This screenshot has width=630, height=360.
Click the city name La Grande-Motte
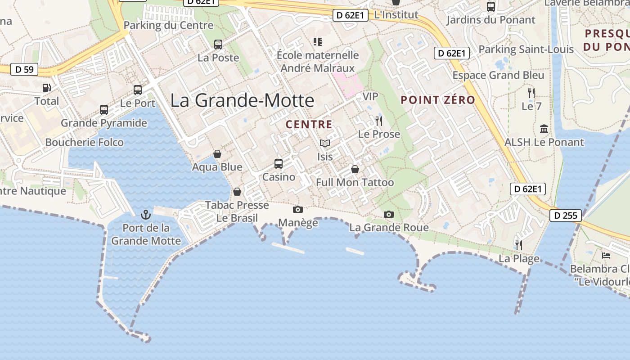242,100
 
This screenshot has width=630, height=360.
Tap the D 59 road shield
24,70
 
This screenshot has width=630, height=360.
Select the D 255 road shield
566,216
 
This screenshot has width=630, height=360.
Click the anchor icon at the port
145,214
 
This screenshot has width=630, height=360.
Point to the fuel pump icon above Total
46,88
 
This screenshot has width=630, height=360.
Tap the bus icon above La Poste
218,45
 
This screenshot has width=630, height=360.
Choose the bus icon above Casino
279,164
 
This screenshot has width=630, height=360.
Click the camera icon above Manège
298,209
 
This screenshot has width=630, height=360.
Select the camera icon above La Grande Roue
389,215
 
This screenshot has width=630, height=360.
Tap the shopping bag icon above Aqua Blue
217,154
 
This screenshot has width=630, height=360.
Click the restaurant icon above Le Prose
379,121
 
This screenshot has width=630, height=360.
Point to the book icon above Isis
325,143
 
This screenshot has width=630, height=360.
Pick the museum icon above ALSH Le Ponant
544,129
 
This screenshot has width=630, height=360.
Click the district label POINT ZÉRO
438,100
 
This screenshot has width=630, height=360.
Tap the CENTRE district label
309,125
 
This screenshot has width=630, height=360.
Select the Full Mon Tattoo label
355,182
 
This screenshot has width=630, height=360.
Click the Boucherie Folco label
85,143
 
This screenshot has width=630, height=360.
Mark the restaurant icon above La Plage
519,245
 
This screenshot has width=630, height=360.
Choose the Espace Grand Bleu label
498,75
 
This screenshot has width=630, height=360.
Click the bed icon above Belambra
606,256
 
